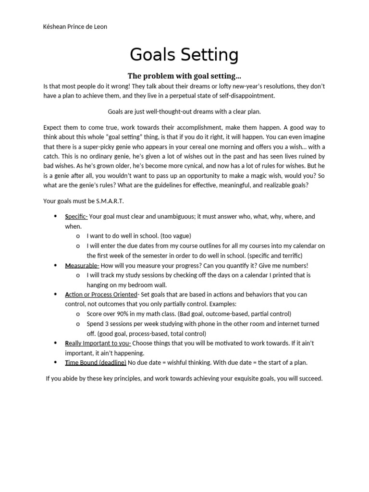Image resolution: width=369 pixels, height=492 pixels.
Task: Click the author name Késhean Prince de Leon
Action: tap(75, 27)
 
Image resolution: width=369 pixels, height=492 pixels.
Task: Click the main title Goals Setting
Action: tap(184, 55)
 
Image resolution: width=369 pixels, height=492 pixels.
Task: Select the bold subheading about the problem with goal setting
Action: tap(184, 76)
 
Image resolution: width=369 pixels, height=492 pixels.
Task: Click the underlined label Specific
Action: tap(76, 217)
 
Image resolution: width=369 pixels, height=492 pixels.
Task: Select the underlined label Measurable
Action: tap(82, 266)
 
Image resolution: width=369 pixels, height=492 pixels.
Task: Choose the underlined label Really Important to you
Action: tap(98, 344)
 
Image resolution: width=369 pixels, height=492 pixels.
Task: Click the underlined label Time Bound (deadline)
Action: tap(96, 363)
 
